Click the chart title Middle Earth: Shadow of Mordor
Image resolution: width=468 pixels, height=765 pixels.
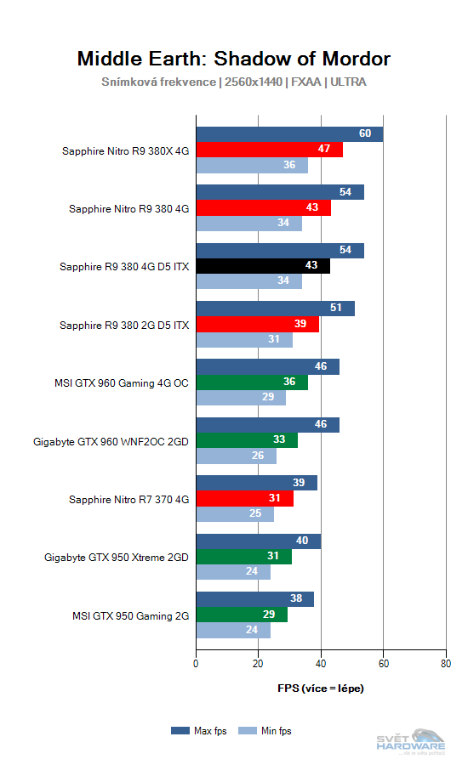pyautogui.click(x=234, y=59)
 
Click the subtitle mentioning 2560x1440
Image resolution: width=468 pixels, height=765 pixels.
pyautogui.click(x=234, y=82)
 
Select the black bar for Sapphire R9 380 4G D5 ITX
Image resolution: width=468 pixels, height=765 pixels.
pyautogui.click(x=263, y=266)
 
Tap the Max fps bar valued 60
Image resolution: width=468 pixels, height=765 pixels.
pyautogui.click(x=289, y=134)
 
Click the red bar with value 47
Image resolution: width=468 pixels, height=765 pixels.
pyautogui.click(x=269, y=150)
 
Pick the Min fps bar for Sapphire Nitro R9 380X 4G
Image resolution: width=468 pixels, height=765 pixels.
pyautogui.click(x=252, y=166)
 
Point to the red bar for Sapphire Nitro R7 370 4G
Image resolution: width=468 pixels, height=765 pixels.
pyautogui.click(x=244, y=499)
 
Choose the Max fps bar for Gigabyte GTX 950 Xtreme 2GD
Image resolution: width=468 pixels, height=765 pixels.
pyautogui.click(x=259, y=541)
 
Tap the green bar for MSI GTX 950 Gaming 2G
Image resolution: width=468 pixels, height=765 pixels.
pyautogui.click(x=241, y=615)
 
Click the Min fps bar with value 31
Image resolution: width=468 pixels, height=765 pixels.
pyautogui.click(x=244, y=340)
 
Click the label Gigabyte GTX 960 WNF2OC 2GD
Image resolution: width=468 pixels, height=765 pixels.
pyautogui.click(x=111, y=441)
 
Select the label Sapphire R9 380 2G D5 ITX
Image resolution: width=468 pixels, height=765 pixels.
pyautogui.click(x=124, y=325)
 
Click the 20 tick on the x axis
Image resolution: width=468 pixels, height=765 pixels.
pyautogui.click(x=259, y=665)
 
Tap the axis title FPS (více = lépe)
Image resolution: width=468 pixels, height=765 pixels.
pyautogui.click(x=321, y=688)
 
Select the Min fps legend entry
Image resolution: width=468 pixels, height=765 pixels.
pyautogui.click(x=265, y=730)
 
